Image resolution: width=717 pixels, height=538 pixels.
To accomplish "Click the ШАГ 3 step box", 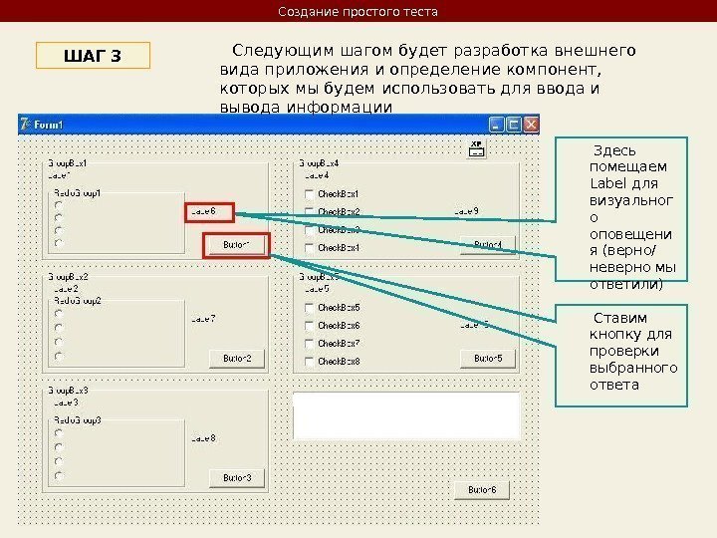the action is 93,55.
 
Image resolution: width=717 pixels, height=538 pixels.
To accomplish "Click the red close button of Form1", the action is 531,125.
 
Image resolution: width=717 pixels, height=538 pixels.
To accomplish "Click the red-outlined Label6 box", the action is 209,211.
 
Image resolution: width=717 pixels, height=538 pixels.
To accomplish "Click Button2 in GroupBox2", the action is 237,359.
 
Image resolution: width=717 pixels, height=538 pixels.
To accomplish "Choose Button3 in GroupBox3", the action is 237,478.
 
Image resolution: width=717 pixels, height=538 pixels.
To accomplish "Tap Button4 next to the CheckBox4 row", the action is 488,245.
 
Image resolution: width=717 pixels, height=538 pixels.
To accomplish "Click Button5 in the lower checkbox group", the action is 488,359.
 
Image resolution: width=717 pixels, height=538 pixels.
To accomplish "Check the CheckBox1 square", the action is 310,194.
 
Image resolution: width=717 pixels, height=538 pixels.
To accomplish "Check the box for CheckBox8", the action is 310,361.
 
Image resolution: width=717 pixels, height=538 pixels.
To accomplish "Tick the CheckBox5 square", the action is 310,308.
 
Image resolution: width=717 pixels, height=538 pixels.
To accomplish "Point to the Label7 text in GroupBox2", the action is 203,319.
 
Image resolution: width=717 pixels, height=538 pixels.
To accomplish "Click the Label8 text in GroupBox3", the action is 203,438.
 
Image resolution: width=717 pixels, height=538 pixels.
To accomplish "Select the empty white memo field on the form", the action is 406,415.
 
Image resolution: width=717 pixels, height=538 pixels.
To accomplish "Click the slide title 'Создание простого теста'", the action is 358,12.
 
